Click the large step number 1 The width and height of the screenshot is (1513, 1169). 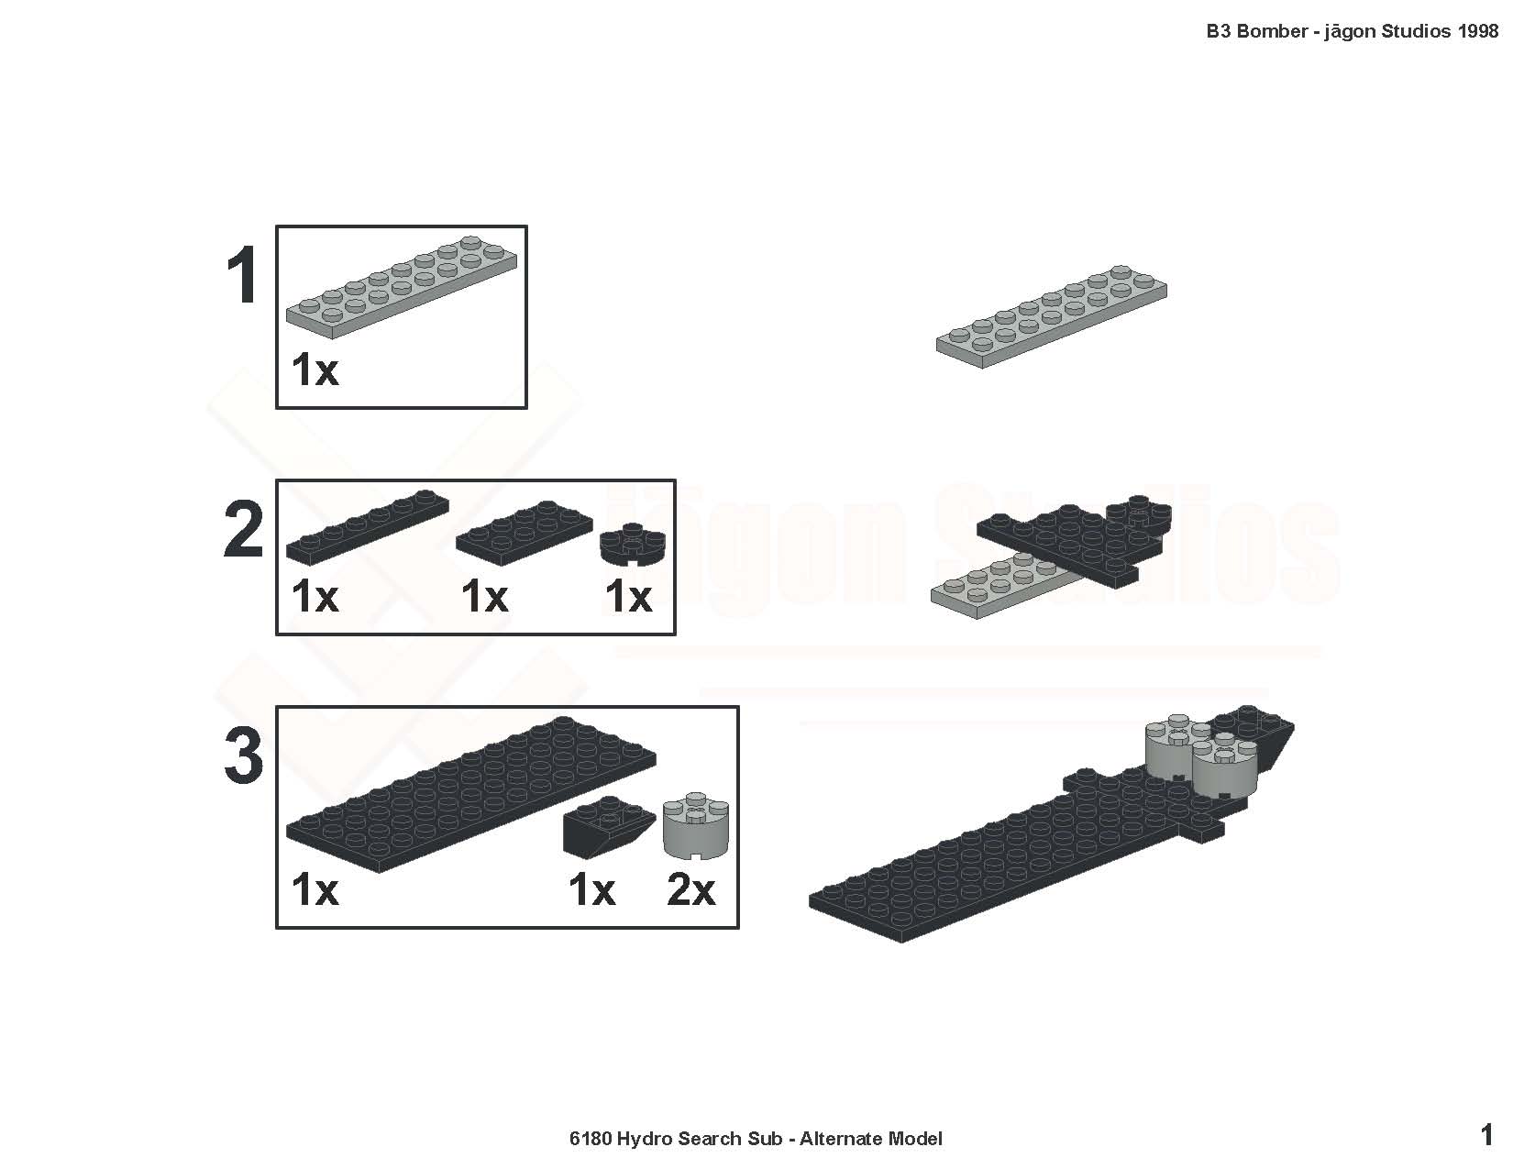pyautogui.click(x=243, y=276)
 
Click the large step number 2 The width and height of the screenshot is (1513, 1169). pyautogui.click(x=244, y=530)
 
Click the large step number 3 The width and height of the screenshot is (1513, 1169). pyautogui.click(x=244, y=756)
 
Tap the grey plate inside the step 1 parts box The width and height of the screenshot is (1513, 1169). pyautogui.click(x=402, y=287)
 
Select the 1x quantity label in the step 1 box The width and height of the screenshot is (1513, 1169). pyautogui.click(x=315, y=369)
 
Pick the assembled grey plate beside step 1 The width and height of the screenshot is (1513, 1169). pyautogui.click(x=1052, y=316)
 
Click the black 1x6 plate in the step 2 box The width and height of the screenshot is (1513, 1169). pyautogui.click(x=368, y=527)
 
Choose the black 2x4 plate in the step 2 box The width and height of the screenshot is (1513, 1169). pyautogui.click(x=525, y=533)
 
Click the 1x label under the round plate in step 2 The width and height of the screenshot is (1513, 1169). pyautogui.click(x=629, y=597)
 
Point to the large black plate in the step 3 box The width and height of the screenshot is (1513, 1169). pyautogui.click(x=470, y=794)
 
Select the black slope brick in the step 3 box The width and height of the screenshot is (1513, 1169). pyautogui.click(x=609, y=827)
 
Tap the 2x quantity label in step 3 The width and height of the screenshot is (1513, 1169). pyautogui.click(x=690, y=889)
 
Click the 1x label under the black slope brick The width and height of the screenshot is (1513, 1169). pyautogui.click(x=591, y=889)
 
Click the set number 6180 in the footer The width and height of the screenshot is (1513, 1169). pyautogui.click(x=591, y=1139)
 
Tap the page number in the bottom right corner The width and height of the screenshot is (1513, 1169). pyautogui.click(x=1486, y=1135)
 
